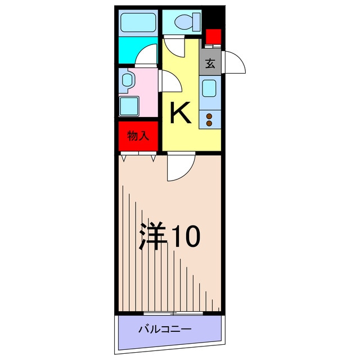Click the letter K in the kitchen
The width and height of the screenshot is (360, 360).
click(181, 113)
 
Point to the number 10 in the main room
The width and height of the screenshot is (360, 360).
click(184, 237)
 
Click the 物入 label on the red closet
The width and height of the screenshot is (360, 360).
click(138, 136)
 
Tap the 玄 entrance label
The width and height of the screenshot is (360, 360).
click(210, 64)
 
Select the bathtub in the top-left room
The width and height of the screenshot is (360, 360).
click(138, 24)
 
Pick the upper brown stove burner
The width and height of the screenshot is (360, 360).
click(209, 116)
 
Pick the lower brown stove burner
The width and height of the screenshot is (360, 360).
click(209, 124)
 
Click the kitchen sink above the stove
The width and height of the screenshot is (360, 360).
click(210, 89)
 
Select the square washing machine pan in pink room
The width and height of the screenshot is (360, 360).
click(129, 105)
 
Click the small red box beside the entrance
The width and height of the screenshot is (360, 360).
click(213, 38)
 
